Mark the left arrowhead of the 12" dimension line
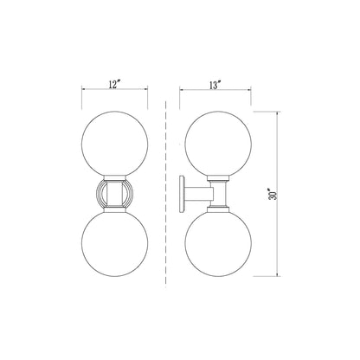tap(83, 91)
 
